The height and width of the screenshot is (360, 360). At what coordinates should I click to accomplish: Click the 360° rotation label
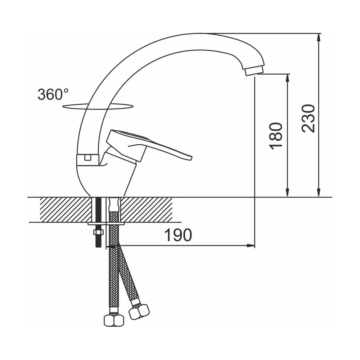(x=53, y=94)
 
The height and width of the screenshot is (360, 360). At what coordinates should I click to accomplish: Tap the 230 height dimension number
(x=308, y=118)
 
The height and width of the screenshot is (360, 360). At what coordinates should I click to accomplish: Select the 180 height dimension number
(x=276, y=136)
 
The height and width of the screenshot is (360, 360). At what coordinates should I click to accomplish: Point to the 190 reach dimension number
(x=178, y=235)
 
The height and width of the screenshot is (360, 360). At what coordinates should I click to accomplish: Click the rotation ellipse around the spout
(x=98, y=109)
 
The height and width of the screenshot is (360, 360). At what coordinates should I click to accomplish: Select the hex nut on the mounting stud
(x=99, y=232)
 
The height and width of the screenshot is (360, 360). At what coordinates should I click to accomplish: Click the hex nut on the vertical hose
(x=114, y=320)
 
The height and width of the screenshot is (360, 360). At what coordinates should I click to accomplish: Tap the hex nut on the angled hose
(x=139, y=311)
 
